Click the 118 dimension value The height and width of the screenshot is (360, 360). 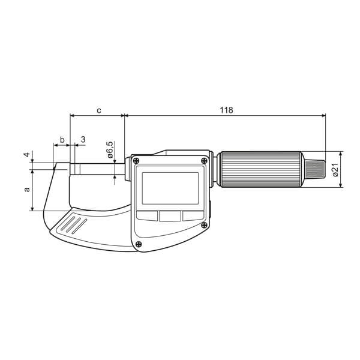pos(226,110)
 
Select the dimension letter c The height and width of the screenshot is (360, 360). pos(98,110)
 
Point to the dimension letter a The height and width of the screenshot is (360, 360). pos(26,190)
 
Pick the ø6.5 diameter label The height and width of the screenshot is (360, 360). pos(110,149)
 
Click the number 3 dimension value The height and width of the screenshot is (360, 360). pos(82,139)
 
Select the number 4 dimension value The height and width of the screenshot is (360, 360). pos(26,155)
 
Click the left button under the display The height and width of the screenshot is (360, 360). pos(146,215)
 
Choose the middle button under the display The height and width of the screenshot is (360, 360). pos(170,215)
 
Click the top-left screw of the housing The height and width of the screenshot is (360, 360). pos(137,160)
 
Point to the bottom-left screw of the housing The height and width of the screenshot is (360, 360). pos(139,243)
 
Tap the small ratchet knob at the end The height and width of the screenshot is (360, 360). pos(316,170)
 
